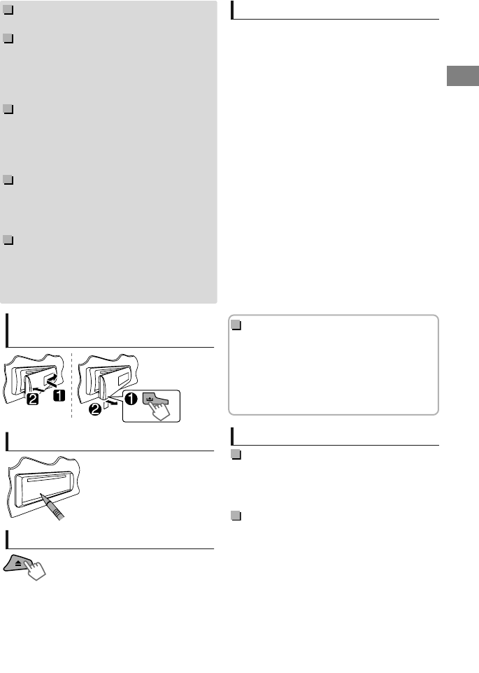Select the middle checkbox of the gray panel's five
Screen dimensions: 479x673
click(7, 110)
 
